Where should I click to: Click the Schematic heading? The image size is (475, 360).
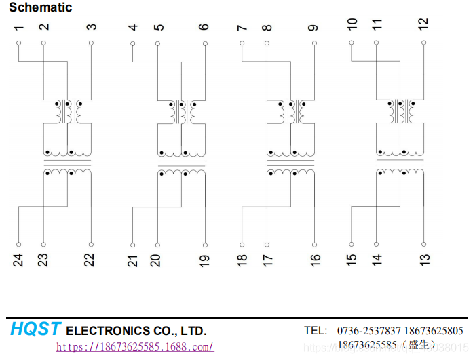[x=40, y=7]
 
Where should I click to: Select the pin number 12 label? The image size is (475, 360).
[x=423, y=23]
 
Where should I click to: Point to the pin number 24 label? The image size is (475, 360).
[x=18, y=260]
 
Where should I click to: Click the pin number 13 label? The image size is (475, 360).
[x=423, y=260]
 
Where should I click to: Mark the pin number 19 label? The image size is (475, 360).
[x=204, y=260]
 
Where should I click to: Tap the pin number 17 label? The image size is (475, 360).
[x=267, y=260]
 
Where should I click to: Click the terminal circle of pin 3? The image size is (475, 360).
[x=92, y=42]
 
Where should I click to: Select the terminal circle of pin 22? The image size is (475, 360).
[x=92, y=245]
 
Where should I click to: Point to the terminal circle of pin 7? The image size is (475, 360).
[x=242, y=42]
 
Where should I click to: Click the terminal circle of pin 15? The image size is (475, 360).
[x=351, y=245]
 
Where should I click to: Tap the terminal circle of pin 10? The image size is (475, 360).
[x=351, y=42]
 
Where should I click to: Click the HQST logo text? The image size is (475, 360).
[x=35, y=329]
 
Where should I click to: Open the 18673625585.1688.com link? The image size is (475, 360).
[x=134, y=347]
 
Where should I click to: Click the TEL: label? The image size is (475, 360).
[x=315, y=331]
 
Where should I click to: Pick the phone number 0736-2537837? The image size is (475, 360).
[x=369, y=331]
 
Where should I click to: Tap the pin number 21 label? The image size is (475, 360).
[x=133, y=260]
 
